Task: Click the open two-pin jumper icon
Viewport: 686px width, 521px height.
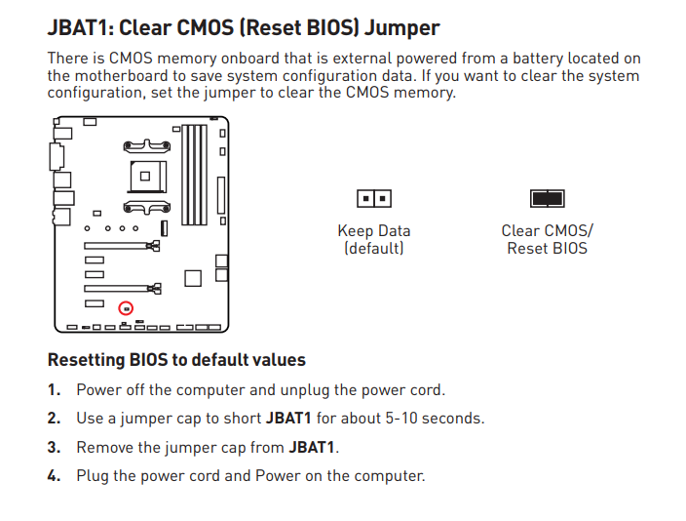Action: (x=374, y=199)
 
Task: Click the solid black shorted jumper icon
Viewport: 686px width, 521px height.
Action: (x=547, y=199)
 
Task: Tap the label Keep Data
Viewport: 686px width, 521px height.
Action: (x=374, y=231)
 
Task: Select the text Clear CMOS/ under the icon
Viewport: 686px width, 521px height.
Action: (x=547, y=231)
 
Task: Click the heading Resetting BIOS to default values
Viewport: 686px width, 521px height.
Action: (x=176, y=360)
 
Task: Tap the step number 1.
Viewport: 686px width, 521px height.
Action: (x=55, y=390)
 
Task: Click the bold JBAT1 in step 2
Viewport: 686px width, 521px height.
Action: (x=288, y=419)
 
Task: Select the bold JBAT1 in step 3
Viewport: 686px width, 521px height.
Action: (x=312, y=448)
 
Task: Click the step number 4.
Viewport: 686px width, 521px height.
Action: (x=55, y=476)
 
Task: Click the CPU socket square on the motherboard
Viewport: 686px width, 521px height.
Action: (x=144, y=177)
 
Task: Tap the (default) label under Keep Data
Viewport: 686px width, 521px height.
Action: (x=374, y=249)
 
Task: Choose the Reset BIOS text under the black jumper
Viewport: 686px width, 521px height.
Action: (x=547, y=249)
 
